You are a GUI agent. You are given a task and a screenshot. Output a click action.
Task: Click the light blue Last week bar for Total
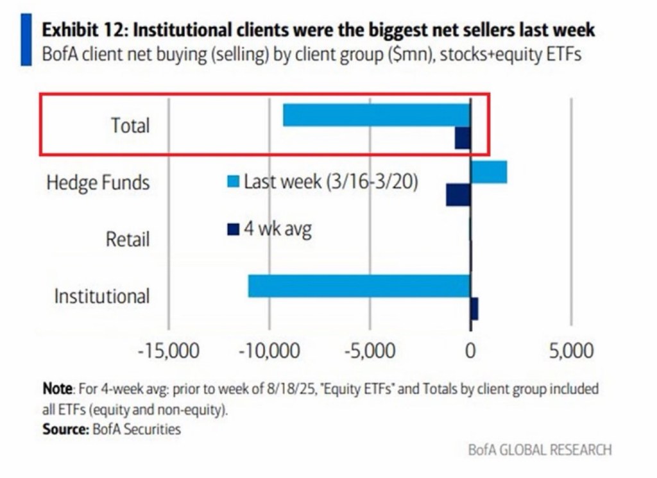point(377,115)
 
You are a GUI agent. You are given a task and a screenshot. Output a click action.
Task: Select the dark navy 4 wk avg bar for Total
point(463,138)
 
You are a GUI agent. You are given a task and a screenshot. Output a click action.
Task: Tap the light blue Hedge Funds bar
point(489,173)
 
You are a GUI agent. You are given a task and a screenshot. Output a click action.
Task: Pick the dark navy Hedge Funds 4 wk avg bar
point(458,195)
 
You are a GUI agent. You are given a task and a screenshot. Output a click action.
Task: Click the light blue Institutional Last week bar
point(359,286)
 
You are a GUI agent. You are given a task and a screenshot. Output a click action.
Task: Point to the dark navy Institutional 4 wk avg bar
point(474,309)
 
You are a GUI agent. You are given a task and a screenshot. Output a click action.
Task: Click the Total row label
point(130,125)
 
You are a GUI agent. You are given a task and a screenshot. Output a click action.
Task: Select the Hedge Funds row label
point(98,182)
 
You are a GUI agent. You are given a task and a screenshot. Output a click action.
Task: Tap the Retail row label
point(128,239)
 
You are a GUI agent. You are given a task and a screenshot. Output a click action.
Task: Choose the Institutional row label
point(101,296)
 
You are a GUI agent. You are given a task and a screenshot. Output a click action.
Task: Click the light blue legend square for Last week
point(234,182)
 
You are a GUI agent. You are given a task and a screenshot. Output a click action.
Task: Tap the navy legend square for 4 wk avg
point(234,228)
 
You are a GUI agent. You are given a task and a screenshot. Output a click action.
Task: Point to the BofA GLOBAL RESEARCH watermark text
point(540,450)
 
